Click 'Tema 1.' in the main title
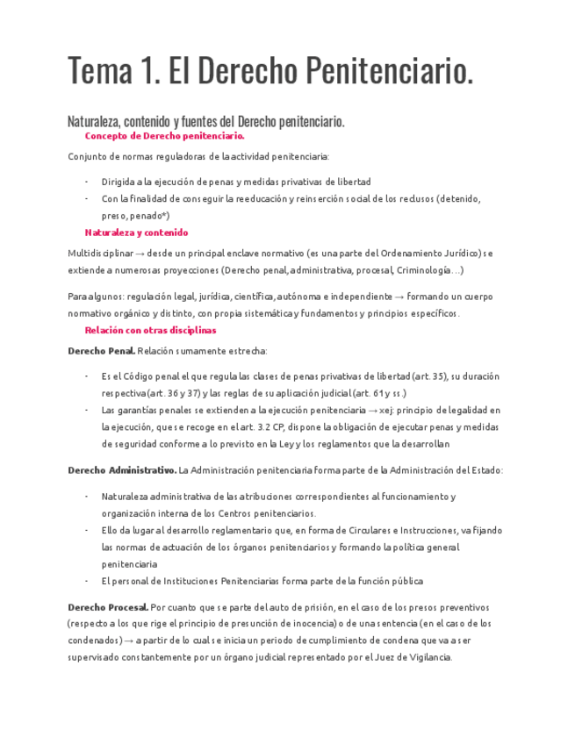[112, 71]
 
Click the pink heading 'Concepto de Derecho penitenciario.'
[164, 136]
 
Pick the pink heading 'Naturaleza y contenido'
[136, 232]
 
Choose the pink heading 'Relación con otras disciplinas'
[150, 330]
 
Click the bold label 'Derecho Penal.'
[101, 351]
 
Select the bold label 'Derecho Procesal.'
[108, 606]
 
